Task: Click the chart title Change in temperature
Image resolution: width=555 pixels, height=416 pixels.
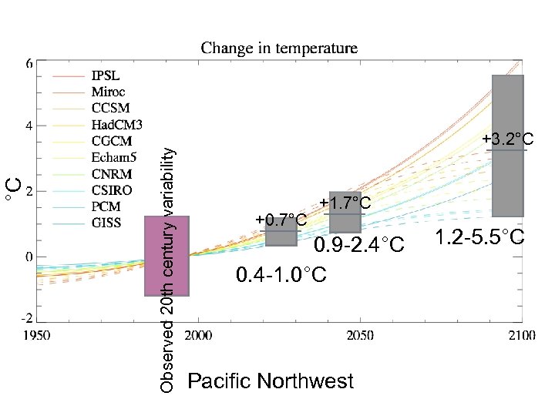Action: coord(279,49)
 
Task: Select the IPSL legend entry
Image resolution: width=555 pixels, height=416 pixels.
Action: coord(106,76)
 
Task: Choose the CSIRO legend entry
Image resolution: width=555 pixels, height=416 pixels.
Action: coord(112,190)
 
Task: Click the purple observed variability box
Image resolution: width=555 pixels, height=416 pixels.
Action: coord(167,256)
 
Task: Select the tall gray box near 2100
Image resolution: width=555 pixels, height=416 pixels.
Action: coord(508,146)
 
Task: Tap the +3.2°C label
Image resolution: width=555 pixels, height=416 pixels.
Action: coord(508,139)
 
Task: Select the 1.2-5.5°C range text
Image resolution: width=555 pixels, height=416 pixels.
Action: coord(479,237)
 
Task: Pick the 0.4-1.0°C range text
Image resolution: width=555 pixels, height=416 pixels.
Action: coord(281,274)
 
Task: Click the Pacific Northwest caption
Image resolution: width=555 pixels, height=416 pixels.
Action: coord(271,381)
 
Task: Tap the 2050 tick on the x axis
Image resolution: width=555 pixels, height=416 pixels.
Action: coord(360,336)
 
